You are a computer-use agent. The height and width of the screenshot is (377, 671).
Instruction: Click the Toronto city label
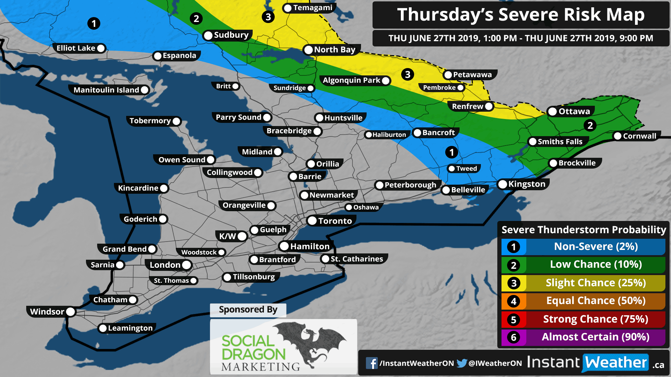click(334, 221)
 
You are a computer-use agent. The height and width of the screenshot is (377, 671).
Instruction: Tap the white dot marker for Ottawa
click(553, 112)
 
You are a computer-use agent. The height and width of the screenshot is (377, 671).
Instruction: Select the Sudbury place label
click(231, 35)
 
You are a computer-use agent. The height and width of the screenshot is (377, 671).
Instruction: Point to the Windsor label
click(47, 312)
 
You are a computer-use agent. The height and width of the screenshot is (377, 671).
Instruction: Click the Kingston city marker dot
click(503, 184)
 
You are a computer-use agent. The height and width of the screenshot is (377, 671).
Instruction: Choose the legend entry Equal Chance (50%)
click(596, 301)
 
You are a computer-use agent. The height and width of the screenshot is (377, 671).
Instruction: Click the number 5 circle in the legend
click(513, 320)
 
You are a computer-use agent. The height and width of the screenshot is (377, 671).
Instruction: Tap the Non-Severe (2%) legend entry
click(596, 247)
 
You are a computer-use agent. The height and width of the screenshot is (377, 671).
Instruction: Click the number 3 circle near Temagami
click(268, 17)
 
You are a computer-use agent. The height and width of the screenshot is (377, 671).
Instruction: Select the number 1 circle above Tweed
click(452, 152)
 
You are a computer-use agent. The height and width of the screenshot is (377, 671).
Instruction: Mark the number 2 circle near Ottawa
click(590, 125)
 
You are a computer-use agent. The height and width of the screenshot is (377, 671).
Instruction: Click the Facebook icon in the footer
click(371, 363)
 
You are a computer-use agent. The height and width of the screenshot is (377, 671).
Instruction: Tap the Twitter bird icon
click(462, 363)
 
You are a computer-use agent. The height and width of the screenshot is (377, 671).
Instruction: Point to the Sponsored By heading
click(248, 310)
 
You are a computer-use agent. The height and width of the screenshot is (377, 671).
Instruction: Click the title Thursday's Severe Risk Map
click(521, 15)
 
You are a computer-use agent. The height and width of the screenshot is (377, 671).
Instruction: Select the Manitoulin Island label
click(106, 90)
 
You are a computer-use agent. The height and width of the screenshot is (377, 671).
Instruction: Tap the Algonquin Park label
click(351, 81)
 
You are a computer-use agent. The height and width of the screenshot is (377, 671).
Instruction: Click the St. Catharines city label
click(356, 259)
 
